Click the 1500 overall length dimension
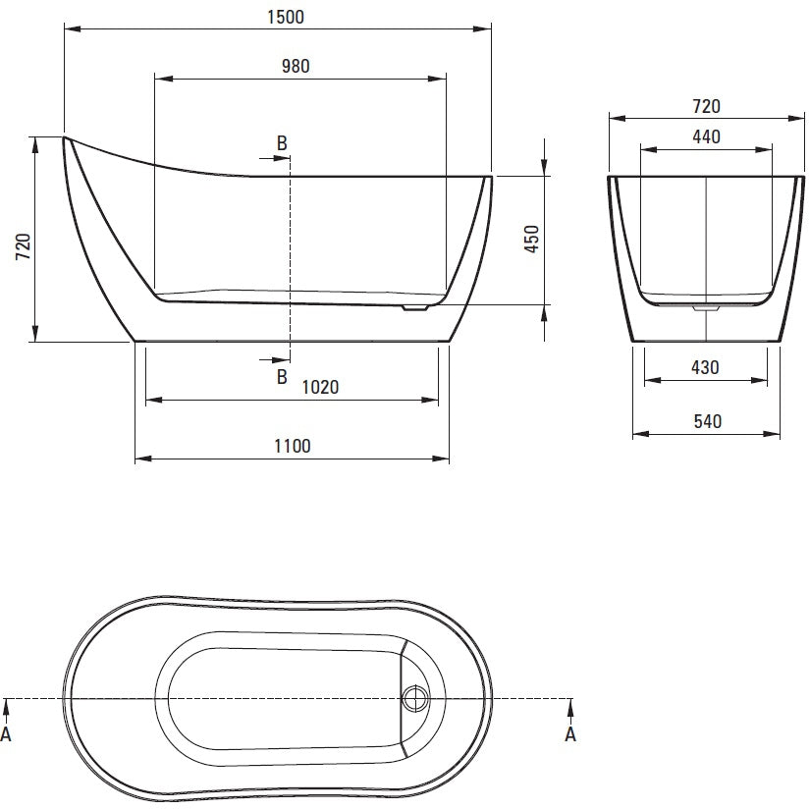coord(286,17)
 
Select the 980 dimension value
coord(296,66)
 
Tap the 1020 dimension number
coord(320,387)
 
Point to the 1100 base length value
coord(293,446)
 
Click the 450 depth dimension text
coord(531,239)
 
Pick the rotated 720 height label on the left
coord(24,246)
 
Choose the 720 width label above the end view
coord(706,106)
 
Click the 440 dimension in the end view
coord(706,136)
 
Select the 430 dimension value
coord(705,368)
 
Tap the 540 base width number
coord(707,421)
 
